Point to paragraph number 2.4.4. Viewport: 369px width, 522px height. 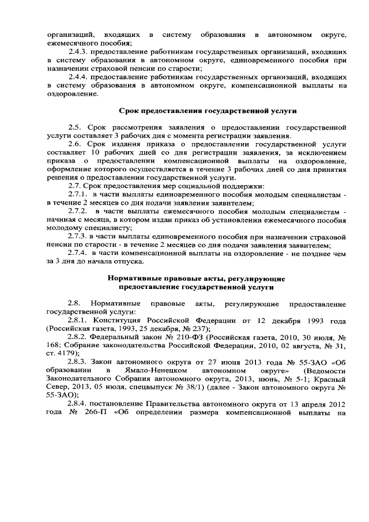(x=78, y=76)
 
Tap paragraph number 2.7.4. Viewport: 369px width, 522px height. (x=78, y=252)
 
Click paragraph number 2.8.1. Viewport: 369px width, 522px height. (x=78, y=320)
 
